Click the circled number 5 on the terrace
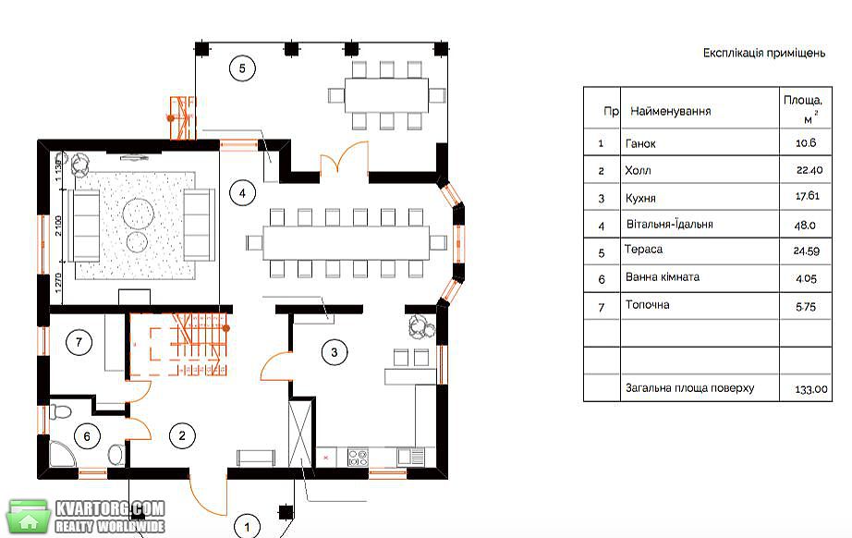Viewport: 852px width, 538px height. click(242, 68)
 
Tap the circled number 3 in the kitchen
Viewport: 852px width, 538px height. click(335, 352)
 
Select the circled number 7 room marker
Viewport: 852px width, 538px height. click(79, 342)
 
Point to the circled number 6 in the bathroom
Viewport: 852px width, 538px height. click(87, 435)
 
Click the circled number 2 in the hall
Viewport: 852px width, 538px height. click(182, 435)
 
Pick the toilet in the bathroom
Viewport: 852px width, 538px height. click(60, 410)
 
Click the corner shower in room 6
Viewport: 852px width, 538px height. click(63, 454)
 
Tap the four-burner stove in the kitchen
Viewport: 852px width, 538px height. click(358, 458)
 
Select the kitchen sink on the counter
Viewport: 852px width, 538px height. click(411, 457)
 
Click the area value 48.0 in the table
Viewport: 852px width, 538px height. click(805, 225)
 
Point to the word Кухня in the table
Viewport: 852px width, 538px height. click(640, 199)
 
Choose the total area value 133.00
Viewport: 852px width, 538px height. click(811, 389)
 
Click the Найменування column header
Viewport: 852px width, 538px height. click(671, 112)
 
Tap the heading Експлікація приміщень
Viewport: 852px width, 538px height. click(764, 54)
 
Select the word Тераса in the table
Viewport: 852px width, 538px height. click(643, 250)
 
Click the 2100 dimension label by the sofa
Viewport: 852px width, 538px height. click(59, 226)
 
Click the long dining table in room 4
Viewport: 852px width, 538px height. click(347, 242)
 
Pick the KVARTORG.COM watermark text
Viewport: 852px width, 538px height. click(110, 509)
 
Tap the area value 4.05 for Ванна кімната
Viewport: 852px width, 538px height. click(806, 279)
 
